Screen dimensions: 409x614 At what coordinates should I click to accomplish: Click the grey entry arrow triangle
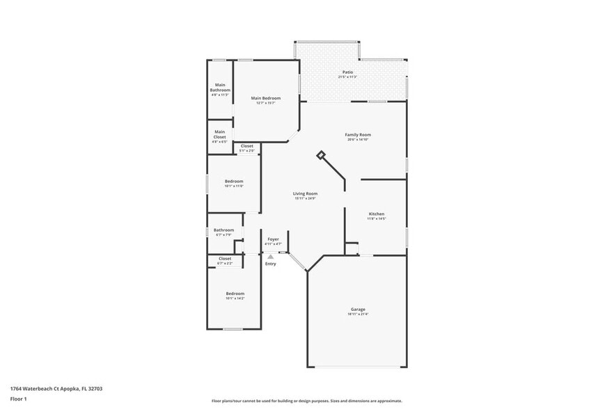[271, 256]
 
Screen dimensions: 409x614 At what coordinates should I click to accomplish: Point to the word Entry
[270, 264]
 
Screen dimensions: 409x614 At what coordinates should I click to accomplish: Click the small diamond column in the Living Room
[320, 155]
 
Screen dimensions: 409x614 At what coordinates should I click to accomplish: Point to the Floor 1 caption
[18, 399]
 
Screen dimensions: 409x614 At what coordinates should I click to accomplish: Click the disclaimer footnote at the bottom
[306, 401]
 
